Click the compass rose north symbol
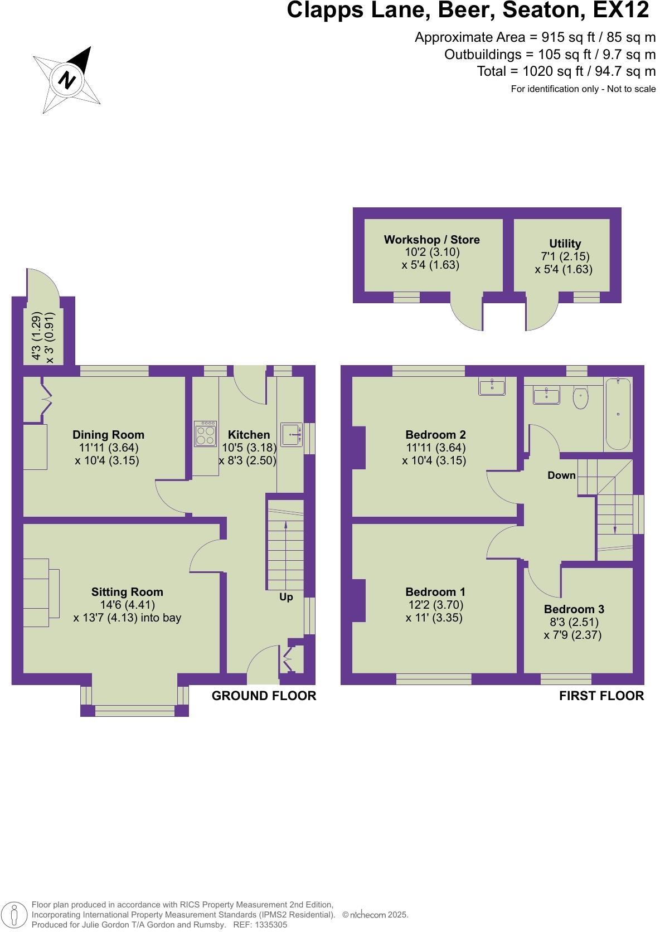(67, 80)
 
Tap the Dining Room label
(108, 435)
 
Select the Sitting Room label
(127, 592)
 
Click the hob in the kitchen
(206, 434)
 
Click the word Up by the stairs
(286, 597)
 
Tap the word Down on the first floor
(561, 475)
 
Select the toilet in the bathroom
(581, 398)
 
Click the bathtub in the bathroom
(618, 414)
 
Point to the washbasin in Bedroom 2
(492, 386)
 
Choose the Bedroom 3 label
(574, 609)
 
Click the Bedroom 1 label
(435, 592)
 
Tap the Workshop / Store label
(432, 240)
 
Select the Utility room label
(565, 244)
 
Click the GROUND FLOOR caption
(264, 696)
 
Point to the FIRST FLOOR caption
(601, 696)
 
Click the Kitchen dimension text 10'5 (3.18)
(249, 448)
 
